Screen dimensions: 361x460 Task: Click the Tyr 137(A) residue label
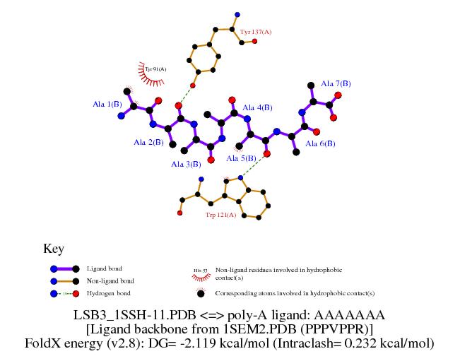(256, 32)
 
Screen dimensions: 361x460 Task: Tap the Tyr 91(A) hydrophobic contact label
(155, 69)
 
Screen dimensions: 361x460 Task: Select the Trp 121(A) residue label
(220, 213)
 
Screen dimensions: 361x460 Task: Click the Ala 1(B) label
(107, 104)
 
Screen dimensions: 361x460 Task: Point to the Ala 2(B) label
(148, 142)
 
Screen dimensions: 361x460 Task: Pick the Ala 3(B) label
(186, 164)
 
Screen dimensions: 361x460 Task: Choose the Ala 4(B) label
(257, 107)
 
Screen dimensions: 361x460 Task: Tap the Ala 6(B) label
(320, 143)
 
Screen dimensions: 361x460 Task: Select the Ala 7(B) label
(336, 83)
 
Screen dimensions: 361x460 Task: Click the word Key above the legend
(54, 249)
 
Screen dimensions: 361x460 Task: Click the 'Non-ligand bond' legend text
(110, 280)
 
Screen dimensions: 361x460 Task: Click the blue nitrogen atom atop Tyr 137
(237, 14)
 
